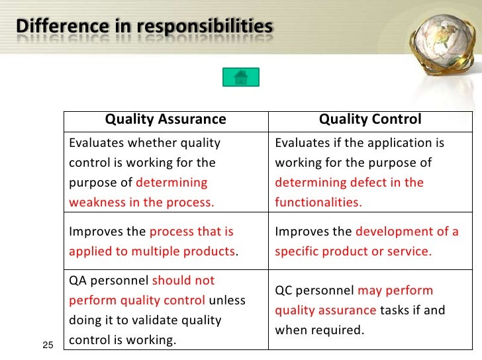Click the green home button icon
[240, 77]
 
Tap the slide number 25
[47, 344]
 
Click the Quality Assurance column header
[166, 120]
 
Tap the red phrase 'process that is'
[191, 232]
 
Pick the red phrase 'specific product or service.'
[353, 252]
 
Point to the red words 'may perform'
[395, 291]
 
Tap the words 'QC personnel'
[314, 291]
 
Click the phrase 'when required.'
[320, 330]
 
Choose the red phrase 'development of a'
[407, 232]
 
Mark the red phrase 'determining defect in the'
[349, 183]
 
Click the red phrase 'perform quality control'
[137, 300]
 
